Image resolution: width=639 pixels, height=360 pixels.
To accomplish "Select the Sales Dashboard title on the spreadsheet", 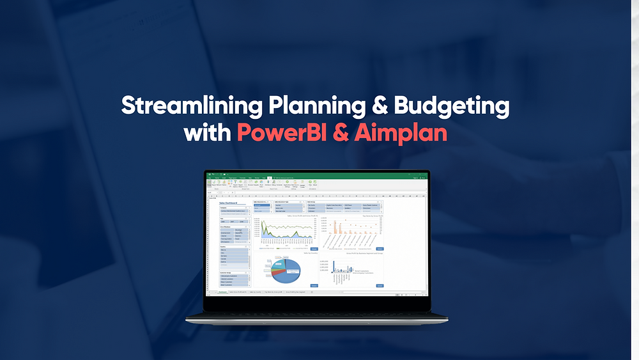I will (x=228, y=203).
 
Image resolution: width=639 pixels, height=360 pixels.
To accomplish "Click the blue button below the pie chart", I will (x=314, y=285).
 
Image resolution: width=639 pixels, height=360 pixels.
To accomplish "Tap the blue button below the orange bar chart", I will (x=380, y=249).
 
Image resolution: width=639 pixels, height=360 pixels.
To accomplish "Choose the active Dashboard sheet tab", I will (x=222, y=292).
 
